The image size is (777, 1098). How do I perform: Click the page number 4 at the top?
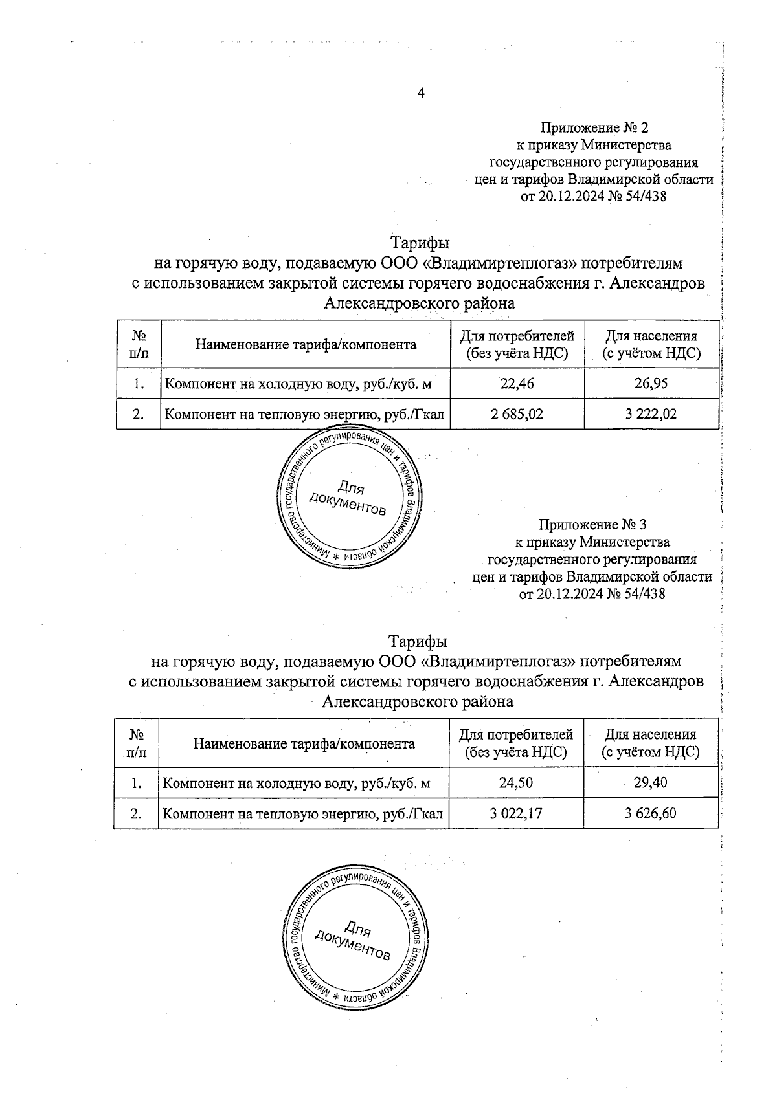[421, 94]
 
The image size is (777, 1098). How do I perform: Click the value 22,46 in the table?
[517, 384]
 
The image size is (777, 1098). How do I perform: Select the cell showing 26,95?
[651, 384]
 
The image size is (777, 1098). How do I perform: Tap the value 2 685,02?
[517, 414]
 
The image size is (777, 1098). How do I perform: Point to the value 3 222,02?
[651, 414]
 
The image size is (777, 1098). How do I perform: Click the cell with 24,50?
[515, 783]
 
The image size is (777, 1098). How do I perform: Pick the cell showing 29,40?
[650, 783]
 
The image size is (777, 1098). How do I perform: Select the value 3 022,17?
[515, 813]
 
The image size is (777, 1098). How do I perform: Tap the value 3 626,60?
[650, 813]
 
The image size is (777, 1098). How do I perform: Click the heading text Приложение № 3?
[592, 524]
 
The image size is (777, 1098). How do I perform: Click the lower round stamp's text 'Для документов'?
[354, 939]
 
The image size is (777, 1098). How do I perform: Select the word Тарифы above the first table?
[420, 243]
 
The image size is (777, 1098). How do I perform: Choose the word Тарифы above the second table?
[418, 641]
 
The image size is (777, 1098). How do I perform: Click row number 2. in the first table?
[138, 414]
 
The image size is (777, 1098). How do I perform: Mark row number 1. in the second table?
[136, 783]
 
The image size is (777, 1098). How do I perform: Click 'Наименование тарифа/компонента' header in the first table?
[306, 344]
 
